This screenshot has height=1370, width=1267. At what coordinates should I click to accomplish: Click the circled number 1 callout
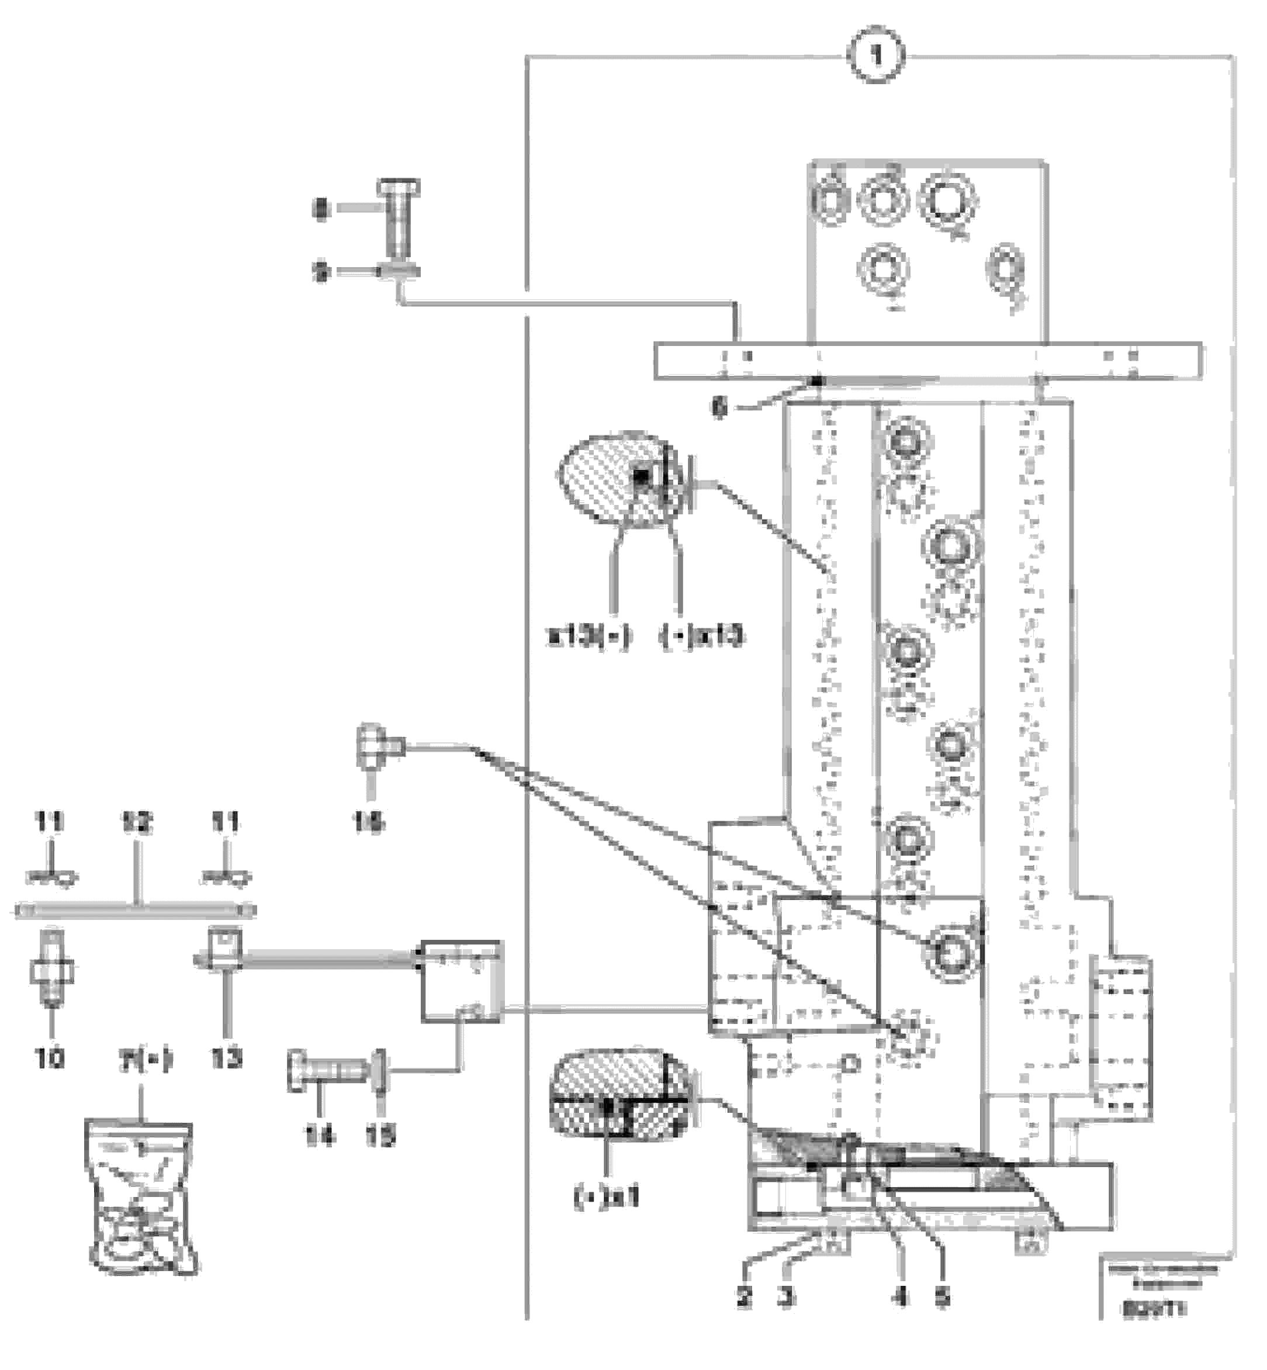877,56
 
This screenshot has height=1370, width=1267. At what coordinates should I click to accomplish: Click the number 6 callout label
718,409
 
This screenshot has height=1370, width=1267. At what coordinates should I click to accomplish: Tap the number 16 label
368,821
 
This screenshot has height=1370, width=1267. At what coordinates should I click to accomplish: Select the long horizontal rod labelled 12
136,911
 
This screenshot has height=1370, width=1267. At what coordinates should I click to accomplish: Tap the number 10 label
49,1058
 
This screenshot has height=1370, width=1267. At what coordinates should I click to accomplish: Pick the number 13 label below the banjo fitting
226,1058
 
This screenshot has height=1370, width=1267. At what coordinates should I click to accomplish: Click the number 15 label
380,1137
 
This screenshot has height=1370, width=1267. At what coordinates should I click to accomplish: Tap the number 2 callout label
745,1296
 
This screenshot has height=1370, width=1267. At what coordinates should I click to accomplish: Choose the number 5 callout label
943,1296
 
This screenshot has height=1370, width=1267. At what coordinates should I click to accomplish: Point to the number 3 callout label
787,1296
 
